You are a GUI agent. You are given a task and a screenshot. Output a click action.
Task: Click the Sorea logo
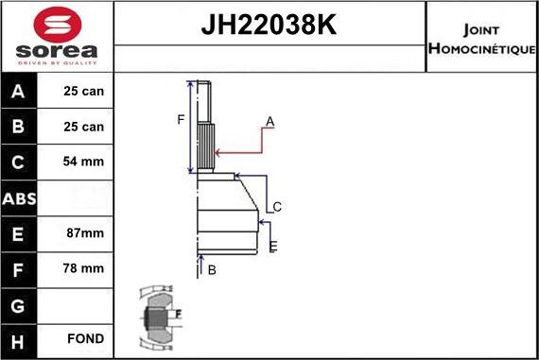[56, 37]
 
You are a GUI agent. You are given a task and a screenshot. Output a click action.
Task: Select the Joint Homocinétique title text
[481, 38]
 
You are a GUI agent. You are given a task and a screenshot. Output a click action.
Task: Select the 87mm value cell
[85, 232]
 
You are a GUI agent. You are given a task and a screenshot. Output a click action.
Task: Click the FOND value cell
[85, 338]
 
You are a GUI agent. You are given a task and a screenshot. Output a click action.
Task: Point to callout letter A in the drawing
[269, 122]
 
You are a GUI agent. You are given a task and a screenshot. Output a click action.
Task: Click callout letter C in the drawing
[277, 207]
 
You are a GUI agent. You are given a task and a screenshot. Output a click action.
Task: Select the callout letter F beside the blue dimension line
[181, 119]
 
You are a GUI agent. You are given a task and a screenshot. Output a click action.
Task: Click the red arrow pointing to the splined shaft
[241, 149]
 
